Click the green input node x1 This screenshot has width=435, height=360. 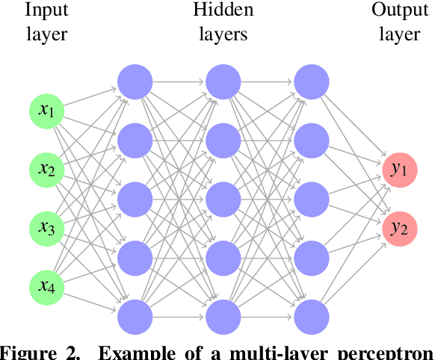point(47,111)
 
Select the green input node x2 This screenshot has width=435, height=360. point(47,169)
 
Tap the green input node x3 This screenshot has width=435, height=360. point(47,227)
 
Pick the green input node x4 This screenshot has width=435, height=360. point(47,285)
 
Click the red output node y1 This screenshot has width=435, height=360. point(398,169)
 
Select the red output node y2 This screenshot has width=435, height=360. point(398,227)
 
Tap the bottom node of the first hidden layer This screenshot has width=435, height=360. point(135,315)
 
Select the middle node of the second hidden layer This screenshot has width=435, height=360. point(223,198)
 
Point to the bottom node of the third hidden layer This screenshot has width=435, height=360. point(312,315)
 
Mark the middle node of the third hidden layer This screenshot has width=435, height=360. point(312,198)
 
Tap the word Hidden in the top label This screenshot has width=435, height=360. point(223,10)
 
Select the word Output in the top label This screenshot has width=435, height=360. point(398,11)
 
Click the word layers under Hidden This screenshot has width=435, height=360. point(223,34)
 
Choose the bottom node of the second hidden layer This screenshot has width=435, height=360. point(223,315)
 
